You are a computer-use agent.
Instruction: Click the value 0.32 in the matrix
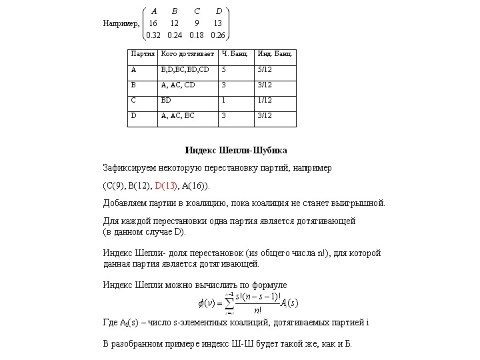point(154,35)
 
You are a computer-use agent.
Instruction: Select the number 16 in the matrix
point(153,23)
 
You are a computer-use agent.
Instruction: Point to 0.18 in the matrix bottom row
point(197,35)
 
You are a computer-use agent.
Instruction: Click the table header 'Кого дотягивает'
point(187,53)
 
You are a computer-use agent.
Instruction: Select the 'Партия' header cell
point(143,53)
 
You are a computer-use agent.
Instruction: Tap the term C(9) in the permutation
point(115,185)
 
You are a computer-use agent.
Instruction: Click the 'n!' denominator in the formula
point(257,310)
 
